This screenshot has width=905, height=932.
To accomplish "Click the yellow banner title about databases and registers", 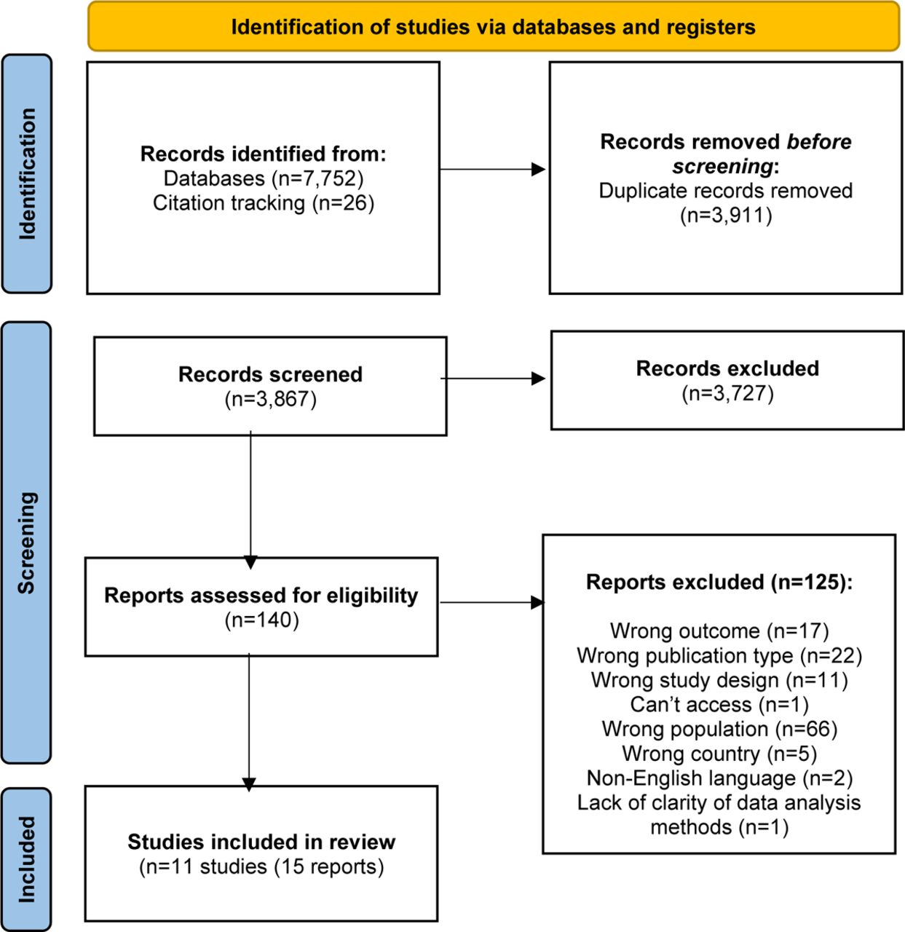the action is click(x=493, y=27).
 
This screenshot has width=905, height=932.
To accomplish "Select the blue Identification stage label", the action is click(x=27, y=173).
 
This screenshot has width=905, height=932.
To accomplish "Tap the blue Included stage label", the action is click(x=27, y=860).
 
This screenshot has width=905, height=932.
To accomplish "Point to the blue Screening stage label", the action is click(x=27, y=542).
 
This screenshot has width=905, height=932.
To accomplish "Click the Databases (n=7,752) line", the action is click(x=264, y=178).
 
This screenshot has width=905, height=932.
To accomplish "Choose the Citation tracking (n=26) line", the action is click(x=264, y=203).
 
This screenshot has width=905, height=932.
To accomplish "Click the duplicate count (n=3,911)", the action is click(x=726, y=216).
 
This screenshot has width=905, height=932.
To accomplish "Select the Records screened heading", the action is click(x=271, y=374).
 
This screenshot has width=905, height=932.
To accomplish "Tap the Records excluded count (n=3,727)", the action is click(x=727, y=394).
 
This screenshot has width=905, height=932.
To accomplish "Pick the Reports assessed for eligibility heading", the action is click(x=261, y=596).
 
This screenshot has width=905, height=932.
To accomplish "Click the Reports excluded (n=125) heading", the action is click(x=719, y=582).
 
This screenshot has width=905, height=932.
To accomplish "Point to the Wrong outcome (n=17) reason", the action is click(x=719, y=631).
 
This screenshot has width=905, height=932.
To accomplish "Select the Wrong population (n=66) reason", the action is click(x=719, y=730).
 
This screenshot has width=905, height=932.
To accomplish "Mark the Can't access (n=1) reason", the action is click(x=719, y=705).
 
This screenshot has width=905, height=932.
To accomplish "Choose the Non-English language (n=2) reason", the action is click(x=719, y=778).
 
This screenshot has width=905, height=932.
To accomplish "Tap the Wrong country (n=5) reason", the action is click(x=719, y=754).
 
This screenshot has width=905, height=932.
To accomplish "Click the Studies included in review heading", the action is click(x=261, y=842).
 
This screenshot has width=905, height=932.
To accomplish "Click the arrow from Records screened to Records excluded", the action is click(x=493, y=379).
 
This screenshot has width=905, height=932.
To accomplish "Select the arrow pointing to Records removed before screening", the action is click(x=493, y=169).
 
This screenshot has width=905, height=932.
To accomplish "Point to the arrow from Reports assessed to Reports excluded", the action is click(x=491, y=602).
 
